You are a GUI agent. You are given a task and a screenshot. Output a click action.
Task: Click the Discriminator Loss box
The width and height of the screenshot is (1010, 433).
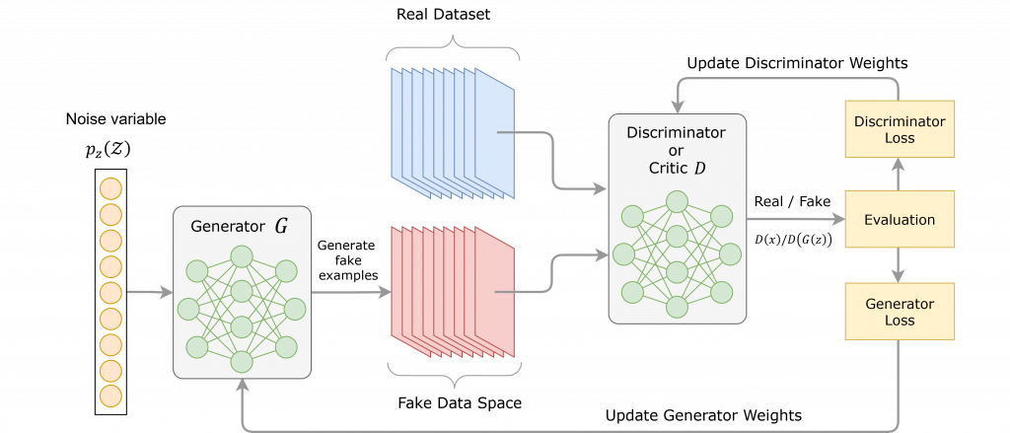[x=900, y=129]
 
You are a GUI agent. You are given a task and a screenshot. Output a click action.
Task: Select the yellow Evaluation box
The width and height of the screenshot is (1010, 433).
[x=900, y=219]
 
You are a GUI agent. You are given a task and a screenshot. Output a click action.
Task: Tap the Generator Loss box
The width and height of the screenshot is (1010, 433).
[x=900, y=311]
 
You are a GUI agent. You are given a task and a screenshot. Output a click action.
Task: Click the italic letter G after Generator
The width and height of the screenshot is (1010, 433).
[x=281, y=227]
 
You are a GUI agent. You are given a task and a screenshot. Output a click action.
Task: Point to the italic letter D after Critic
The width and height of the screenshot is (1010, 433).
[x=699, y=169]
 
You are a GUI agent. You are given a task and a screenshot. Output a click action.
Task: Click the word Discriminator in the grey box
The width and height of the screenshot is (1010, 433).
[x=677, y=132]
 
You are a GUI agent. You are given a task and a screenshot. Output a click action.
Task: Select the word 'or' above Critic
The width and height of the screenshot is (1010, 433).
[x=677, y=150]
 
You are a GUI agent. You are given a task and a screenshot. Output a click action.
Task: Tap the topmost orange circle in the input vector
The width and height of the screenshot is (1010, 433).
[x=111, y=187]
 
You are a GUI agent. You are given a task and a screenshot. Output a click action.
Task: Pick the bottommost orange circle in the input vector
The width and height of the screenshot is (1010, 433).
[x=111, y=396]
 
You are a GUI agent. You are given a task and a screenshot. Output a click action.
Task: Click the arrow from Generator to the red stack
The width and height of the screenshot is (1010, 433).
[x=351, y=292]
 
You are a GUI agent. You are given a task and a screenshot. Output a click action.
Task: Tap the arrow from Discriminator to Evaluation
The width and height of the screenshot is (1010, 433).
[x=795, y=219]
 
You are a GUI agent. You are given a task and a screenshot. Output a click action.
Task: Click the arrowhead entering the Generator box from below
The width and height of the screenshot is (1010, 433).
[x=243, y=388]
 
